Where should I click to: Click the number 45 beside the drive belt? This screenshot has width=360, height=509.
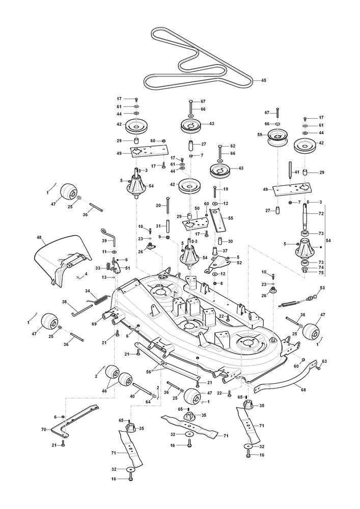click(x=264, y=80)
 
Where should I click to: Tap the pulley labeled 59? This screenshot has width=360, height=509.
click(x=275, y=137)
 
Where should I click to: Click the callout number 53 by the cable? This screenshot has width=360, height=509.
click(x=322, y=288)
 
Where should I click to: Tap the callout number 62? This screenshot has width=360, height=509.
click(x=233, y=146)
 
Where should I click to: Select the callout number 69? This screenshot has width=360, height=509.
click(x=94, y=324)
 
